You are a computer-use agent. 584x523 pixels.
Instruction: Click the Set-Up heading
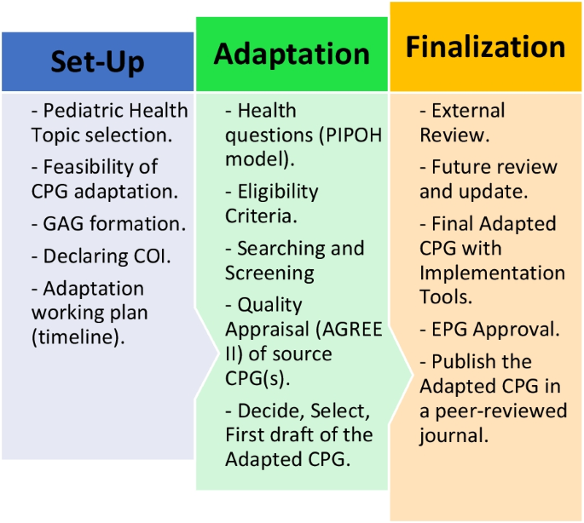97,61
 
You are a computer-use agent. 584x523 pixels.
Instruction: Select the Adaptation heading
292,54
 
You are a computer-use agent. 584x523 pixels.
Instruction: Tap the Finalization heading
485,47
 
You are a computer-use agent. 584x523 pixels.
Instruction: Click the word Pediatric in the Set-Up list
84,111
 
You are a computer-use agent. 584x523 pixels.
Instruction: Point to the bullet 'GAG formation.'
114,224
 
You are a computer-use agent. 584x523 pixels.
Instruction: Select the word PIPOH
315,135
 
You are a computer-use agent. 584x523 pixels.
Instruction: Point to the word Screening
269,273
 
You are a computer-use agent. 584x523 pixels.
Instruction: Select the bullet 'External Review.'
468,123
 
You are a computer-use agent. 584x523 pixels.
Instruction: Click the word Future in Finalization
464,168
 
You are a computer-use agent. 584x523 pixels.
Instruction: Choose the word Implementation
492,273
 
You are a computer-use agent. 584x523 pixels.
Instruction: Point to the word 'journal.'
454,434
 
